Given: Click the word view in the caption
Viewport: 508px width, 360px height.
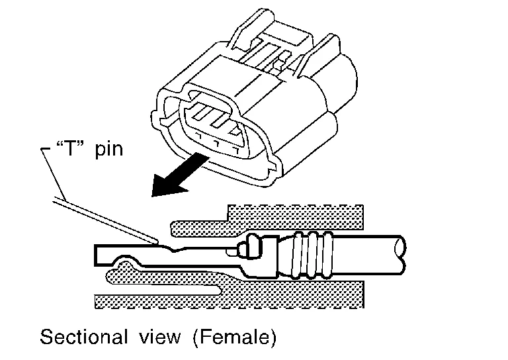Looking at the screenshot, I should [x=157, y=337].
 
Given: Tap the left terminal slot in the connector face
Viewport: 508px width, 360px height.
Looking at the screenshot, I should [x=196, y=113].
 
